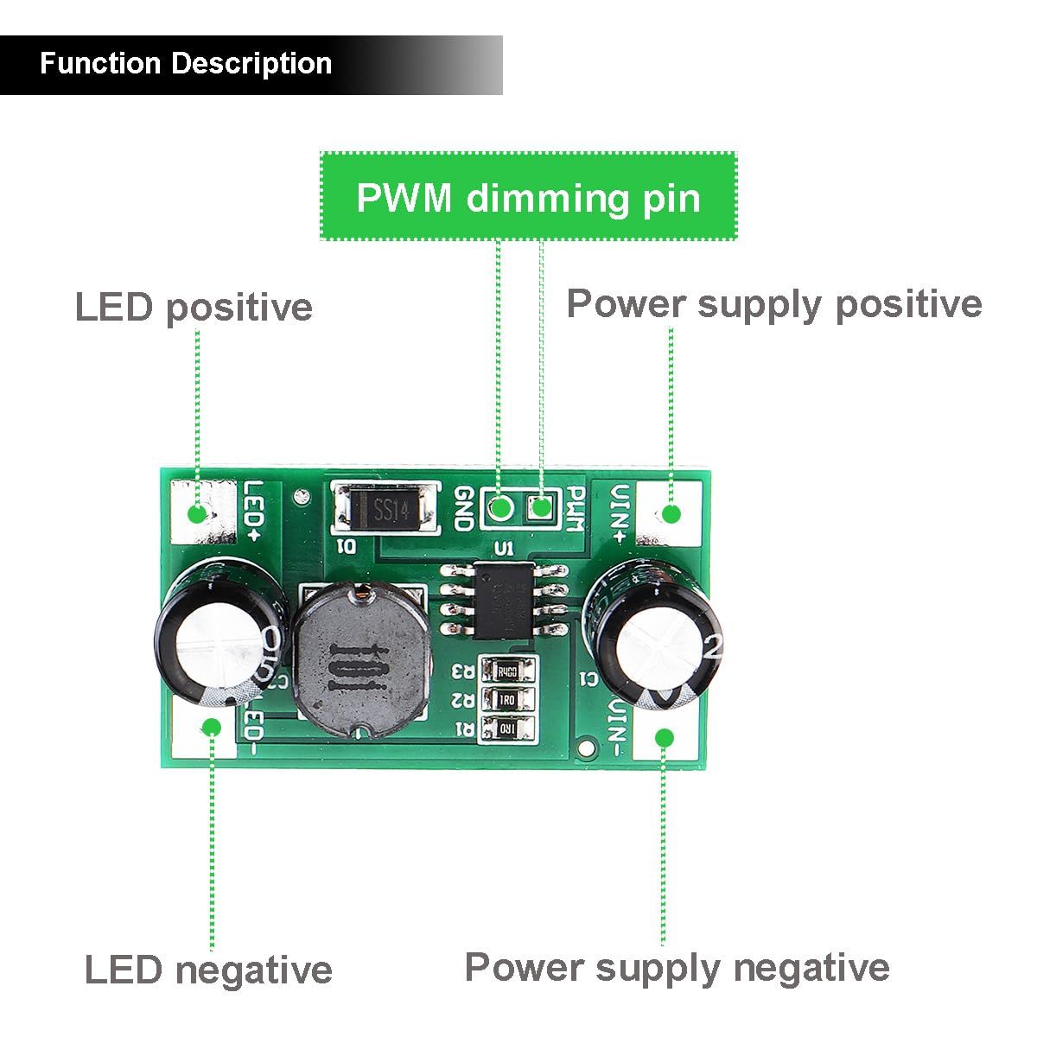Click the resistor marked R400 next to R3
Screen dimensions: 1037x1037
pos(506,671)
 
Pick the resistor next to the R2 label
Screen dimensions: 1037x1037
pos(506,699)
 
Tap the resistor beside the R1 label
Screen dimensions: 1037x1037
pos(506,728)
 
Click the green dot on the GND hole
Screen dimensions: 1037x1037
pos(499,507)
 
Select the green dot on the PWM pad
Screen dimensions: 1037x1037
pos(540,508)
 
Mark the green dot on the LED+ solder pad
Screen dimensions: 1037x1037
pos(198,513)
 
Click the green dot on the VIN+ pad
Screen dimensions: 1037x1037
pos(671,514)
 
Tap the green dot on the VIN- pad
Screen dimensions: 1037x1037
pos(664,737)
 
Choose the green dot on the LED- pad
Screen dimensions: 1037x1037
pos(211,727)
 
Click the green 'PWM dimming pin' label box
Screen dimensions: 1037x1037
pos(528,197)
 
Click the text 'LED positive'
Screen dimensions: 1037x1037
pos(194,308)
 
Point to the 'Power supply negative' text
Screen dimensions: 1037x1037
pos(677,967)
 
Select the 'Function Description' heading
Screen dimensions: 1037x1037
pos(186,64)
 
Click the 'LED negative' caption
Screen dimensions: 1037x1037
pos(208,970)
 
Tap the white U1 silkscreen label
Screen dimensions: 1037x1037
pos(502,548)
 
